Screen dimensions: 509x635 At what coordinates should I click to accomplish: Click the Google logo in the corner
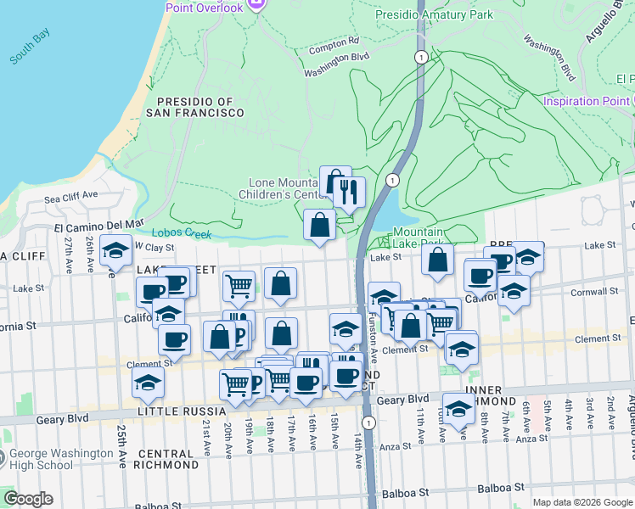[x=28, y=499]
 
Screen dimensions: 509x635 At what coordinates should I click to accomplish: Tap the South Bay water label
[x=31, y=48]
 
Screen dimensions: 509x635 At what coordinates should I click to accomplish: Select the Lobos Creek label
[x=181, y=233]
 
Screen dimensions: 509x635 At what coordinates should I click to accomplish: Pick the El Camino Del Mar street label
[x=93, y=227]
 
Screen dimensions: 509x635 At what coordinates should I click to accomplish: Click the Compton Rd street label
[x=334, y=41]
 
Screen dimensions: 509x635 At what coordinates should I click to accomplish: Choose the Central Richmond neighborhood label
[x=166, y=459]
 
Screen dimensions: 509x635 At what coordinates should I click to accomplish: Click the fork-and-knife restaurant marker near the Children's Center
[x=349, y=193]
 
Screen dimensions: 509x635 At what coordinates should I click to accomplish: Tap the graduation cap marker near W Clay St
[x=115, y=250]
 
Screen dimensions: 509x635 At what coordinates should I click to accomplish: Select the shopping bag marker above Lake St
[x=319, y=226]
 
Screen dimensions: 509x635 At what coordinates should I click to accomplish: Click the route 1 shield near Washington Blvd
[x=420, y=57]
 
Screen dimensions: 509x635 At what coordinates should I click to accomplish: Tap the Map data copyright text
[x=582, y=502]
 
